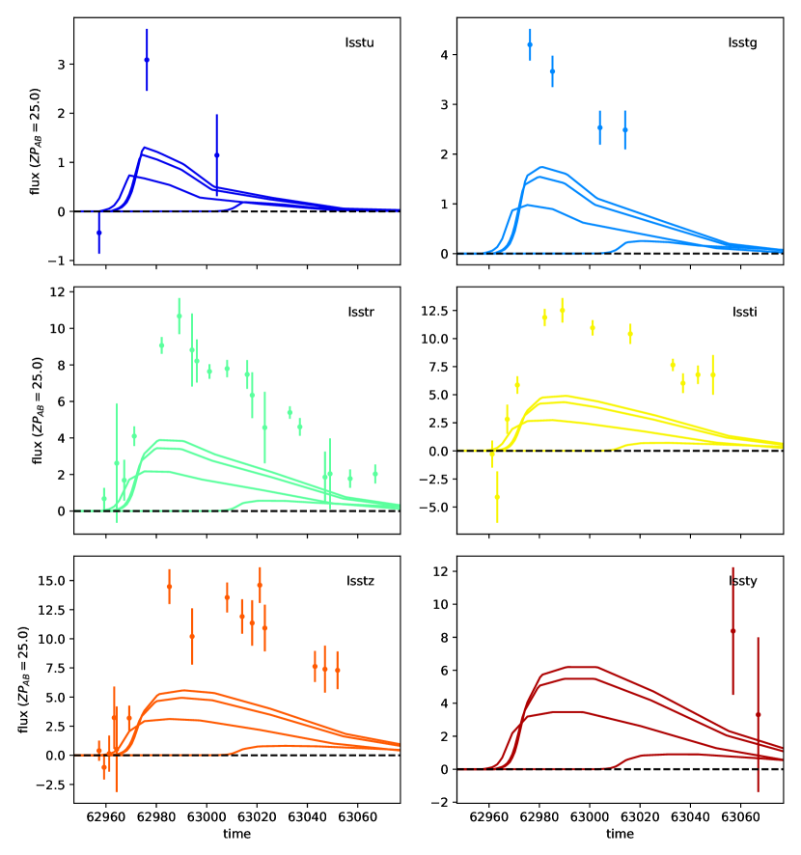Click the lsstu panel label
(x=360, y=42)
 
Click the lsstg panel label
(x=743, y=42)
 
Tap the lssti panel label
(x=743, y=312)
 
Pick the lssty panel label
(x=743, y=581)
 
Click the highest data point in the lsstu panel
(x=147, y=60)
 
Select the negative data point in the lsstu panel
(x=98, y=233)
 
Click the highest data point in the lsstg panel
(x=530, y=44)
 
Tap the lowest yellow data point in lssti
(x=497, y=497)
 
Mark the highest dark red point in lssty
(x=732, y=631)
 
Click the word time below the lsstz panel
(x=236, y=832)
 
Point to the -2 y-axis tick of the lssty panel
(x=438, y=803)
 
